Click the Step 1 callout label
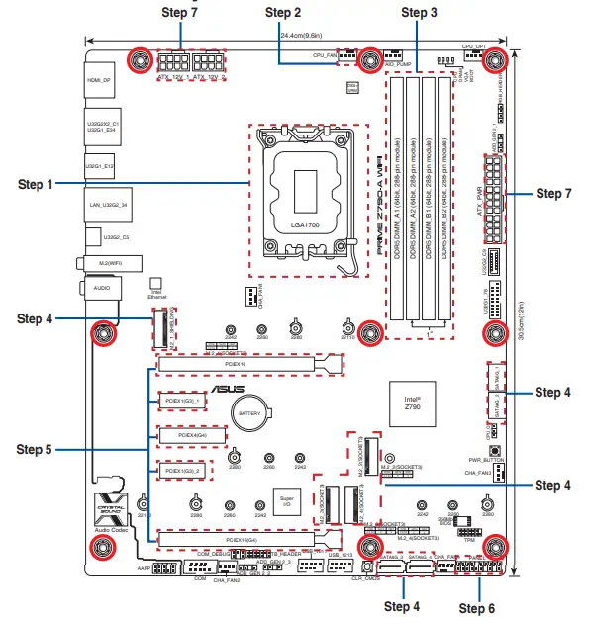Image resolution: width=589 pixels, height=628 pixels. tap(36, 184)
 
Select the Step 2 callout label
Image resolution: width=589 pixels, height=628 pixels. tap(283, 12)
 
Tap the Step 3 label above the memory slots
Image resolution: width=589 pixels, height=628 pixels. tap(419, 12)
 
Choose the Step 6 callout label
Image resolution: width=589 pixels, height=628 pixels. tap(481, 606)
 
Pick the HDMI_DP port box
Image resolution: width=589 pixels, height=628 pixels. tap(99, 79)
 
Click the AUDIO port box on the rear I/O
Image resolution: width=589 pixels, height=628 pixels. tap(100, 286)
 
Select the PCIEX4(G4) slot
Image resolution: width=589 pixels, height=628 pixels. tap(186, 435)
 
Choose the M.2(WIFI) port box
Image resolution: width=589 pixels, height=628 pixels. tap(101, 263)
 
